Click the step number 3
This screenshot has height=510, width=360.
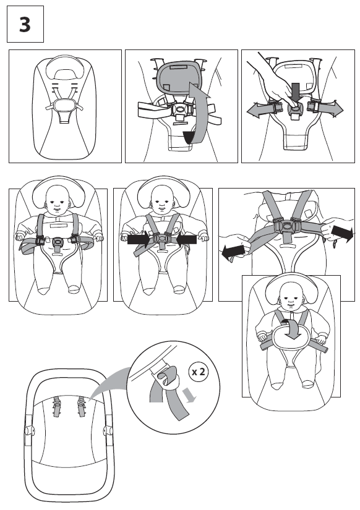coord(25,24)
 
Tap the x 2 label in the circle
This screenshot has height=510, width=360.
coord(198,372)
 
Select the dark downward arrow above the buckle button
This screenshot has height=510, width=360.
coord(296,92)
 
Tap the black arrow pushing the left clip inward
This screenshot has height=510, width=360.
coord(139,240)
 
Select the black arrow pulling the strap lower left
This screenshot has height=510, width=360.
coord(233,252)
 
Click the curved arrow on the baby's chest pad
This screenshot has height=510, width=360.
coord(292,329)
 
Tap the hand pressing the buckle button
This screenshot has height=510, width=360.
coord(276,78)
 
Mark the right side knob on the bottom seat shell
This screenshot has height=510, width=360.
coord(107,430)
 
